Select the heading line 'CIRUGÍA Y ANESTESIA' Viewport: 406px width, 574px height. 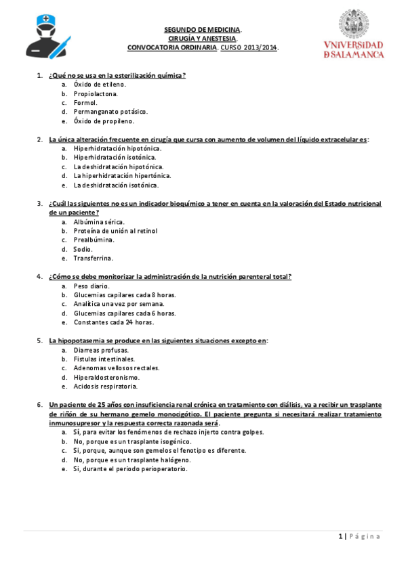coord(203,39)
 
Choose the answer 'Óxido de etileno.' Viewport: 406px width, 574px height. coord(100,85)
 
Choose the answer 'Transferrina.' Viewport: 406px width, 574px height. coord(94,258)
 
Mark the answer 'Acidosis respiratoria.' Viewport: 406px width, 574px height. coord(105,387)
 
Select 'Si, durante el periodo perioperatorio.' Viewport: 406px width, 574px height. coord(130,468)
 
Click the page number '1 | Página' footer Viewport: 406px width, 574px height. coord(359,536)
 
